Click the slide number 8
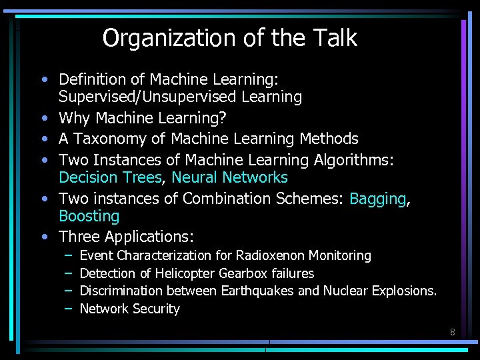point(452,331)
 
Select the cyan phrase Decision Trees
point(110,177)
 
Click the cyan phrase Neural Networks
point(229,177)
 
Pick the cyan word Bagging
point(377,199)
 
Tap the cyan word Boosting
point(89,216)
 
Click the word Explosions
point(403,291)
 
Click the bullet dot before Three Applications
point(43,237)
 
